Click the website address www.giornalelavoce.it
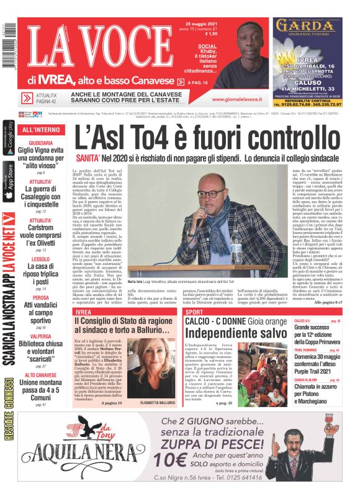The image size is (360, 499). [x=236, y=99]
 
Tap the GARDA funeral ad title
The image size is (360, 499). [x=308, y=25]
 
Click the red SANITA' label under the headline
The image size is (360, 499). [x=87, y=159]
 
